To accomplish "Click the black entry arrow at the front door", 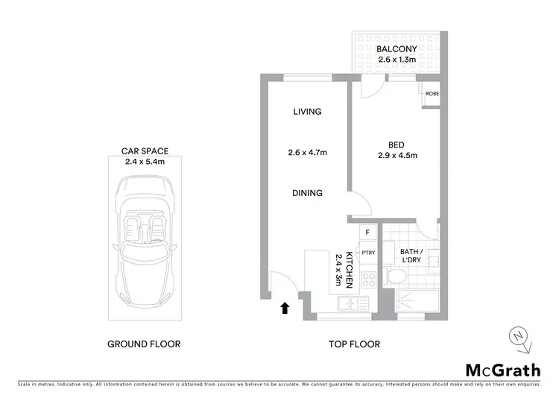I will click(x=284, y=307).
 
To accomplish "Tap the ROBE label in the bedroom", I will click(x=432, y=94).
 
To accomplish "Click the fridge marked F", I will click(x=367, y=233).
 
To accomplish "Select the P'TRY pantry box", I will click(x=367, y=253).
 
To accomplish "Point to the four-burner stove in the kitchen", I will click(x=367, y=280).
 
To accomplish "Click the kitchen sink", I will click(x=350, y=303).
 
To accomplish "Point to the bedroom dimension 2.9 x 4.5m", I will click(x=397, y=156).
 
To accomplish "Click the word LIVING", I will click(x=306, y=112).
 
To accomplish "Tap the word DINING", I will click(x=307, y=193).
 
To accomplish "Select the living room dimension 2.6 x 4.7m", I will click(x=308, y=153).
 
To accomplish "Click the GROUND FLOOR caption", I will click(x=144, y=344).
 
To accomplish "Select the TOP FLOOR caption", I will click(x=355, y=344).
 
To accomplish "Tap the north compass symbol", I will click(x=519, y=339).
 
